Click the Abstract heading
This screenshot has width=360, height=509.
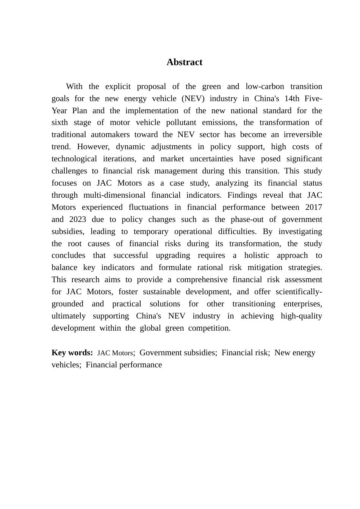[184, 62]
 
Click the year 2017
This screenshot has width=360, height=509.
[313, 207]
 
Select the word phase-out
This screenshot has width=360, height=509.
[247, 219]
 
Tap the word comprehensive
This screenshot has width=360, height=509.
[202, 279]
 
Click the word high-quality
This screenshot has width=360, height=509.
[301, 316]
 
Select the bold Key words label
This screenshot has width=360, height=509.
[72, 353]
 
